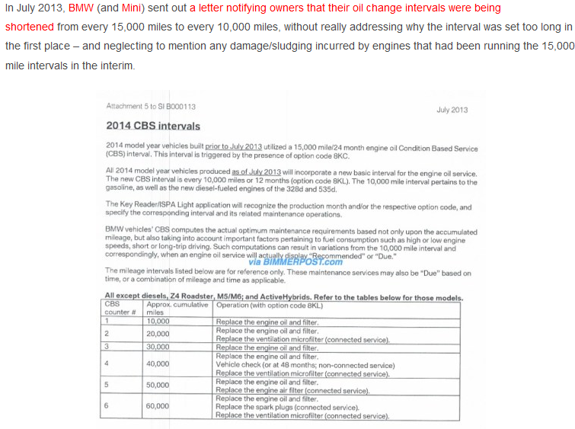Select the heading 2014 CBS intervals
pyautogui.click(x=153, y=126)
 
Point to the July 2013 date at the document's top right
pyautogui.click(x=452, y=110)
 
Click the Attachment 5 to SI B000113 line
pyautogui.click(x=151, y=107)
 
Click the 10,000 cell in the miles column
pyautogui.click(x=158, y=322)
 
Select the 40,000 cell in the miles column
pyautogui.click(x=158, y=364)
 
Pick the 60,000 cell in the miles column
pyautogui.click(x=158, y=406)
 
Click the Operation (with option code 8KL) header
pyautogui.click(x=270, y=305)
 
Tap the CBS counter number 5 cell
pyautogui.click(x=107, y=385)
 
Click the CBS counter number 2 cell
pyautogui.click(x=107, y=334)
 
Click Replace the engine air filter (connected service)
pyautogui.click(x=292, y=391)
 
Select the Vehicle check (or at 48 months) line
pyautogui.click(x=305, y=365)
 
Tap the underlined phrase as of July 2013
pyautogui.click(x=257, y=173)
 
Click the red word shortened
pyautogui.click(x=29, y=27)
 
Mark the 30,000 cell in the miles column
pyautogui.click(x=158, y=347)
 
